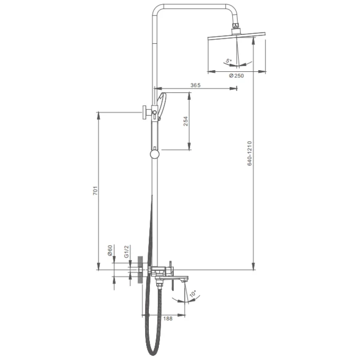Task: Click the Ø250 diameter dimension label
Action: click(236, 76)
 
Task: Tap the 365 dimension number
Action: click(195, 85)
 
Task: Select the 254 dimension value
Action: click(186, 121)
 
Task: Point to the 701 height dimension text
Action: click(95, 191)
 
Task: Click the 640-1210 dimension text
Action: click(249, 153)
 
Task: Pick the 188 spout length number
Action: click(168, 318)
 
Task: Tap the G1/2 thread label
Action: click(127, 251)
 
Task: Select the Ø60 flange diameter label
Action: click(110, 251)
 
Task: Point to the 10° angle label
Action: click(193, 294)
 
